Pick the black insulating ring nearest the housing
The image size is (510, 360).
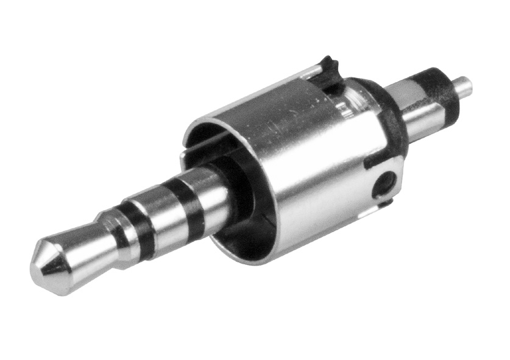click(190, 202)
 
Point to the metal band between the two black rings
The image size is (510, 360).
click(163, 210)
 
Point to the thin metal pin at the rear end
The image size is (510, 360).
click(463, 85)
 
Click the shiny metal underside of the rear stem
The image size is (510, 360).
click(427, 122)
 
